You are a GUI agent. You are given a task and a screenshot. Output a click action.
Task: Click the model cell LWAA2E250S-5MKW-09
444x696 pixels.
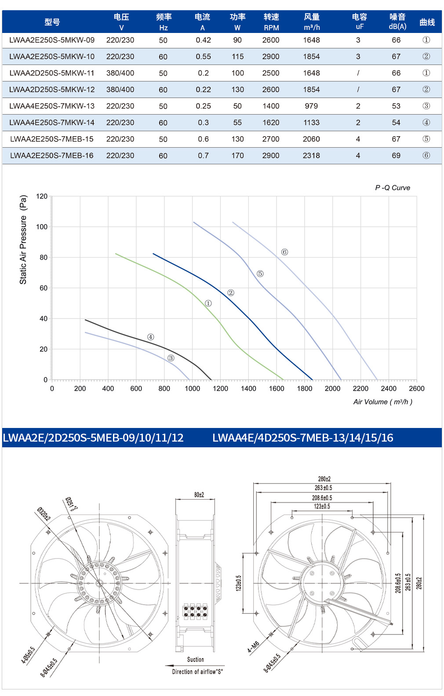pos(52,40)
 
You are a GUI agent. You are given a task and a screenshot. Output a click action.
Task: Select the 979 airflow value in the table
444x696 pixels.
pos(311,106)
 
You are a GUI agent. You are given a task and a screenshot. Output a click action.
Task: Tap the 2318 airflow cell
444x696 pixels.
pos(311,156)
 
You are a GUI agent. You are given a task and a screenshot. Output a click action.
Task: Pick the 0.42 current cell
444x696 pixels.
pos(204,40)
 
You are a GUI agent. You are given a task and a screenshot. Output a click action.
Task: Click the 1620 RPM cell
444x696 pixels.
pos(271,123)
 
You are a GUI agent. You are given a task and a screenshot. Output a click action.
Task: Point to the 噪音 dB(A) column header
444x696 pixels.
pos(397,22)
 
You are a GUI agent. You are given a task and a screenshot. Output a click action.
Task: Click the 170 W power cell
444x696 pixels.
pos(237,156)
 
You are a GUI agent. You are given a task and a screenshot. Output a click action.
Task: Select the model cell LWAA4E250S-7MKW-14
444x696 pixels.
pos(52,123)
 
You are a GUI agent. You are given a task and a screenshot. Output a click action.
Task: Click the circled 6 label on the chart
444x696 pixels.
pos(284,252)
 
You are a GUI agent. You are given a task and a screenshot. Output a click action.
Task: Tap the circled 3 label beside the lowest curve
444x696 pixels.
pos(171,358)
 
